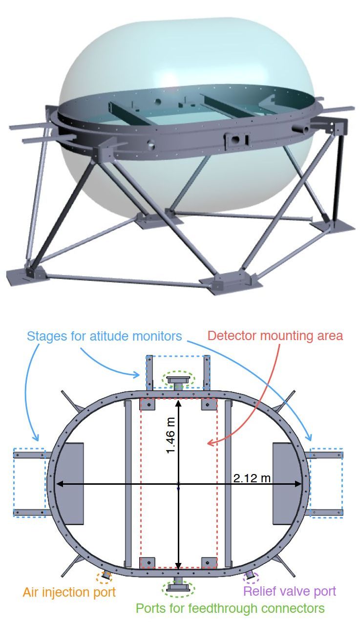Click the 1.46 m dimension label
(x=170, y=435)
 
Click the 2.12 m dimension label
(x=252, y=478)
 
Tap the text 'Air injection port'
(x=69, y=592)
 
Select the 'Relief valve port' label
(x=290, y=591)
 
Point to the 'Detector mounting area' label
(x=275, y=336)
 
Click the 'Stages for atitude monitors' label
(x=105, y=336)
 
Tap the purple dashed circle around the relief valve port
(x=251, y=577)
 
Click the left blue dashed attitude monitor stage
(x=29, y=483)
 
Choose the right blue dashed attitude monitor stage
(x=326, y=483)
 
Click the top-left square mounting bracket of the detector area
(x=147, y=404)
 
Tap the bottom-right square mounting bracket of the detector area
(x=209, y=562)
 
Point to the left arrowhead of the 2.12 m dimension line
(x=58, y=484)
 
